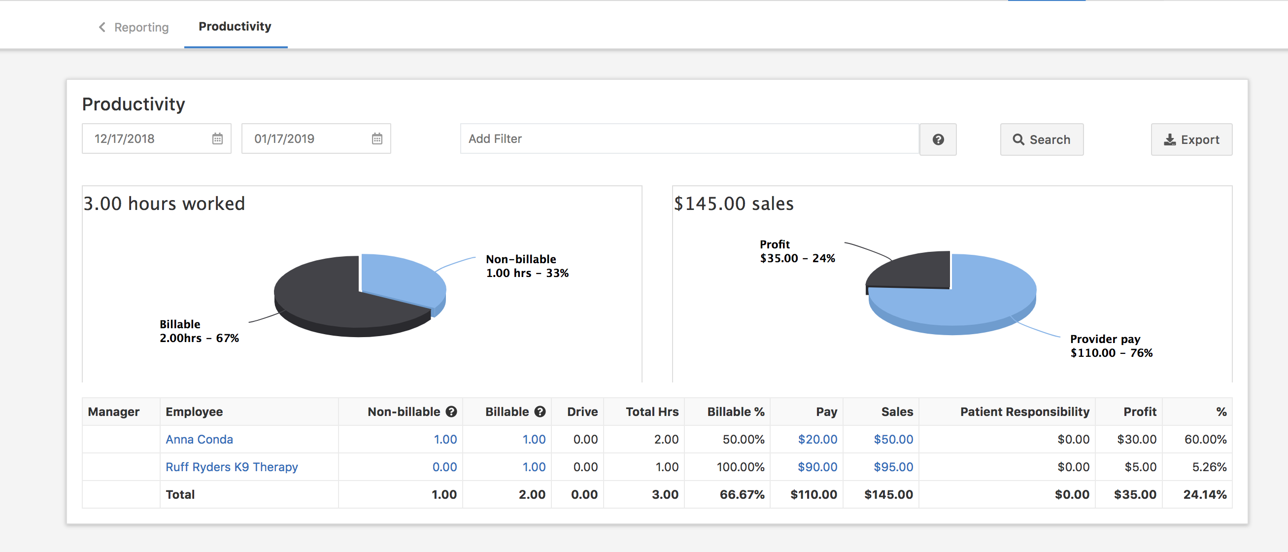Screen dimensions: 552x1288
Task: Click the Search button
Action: tap(1042, 139)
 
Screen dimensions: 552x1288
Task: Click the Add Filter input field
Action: tap(689, 139)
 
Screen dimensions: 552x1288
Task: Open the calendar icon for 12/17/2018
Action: tap(217, 139)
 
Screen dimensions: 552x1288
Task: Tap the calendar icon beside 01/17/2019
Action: tap(377, 139)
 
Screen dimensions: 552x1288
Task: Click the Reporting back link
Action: tap(134, 27)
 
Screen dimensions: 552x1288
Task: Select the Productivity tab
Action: tap(235, 27)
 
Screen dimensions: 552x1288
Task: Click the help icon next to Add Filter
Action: tap(938, 139)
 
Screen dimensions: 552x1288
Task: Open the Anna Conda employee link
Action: tap(199, 439)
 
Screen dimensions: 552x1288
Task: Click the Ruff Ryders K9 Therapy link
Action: tap(232, 467)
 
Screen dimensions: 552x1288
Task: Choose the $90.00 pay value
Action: tap(817, 467)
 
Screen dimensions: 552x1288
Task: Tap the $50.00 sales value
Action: tap(893, 439)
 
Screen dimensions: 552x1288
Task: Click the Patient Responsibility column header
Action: tap(1024, 412)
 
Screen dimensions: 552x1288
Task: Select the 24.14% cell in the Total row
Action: tap(1205, 494)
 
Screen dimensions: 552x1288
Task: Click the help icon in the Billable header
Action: tap(540, 412)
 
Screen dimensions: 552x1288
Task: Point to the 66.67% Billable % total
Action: tap(742, 494)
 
